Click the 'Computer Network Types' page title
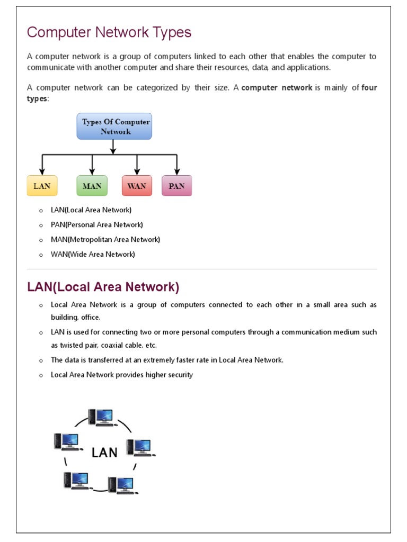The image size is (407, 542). click(109, 33)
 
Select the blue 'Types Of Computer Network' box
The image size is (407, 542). click(114, 126)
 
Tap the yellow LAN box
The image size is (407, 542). click(42, 186)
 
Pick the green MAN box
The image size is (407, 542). click(92, 186)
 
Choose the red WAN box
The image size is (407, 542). click(137, 186)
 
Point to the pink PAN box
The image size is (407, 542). click(176, 186)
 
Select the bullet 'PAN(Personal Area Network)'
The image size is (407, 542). click(96, 224)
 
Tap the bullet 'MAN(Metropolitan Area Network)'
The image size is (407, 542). click(105, 239)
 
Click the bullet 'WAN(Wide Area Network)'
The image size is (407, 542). click(93, 254)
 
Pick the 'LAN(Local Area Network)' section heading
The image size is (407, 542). click(103, 287)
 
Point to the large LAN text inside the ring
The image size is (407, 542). click(104, 453)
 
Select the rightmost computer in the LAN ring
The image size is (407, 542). click(140, 448)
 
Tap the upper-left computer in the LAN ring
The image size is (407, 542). click(67, 442)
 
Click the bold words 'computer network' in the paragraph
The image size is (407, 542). click(277, 88)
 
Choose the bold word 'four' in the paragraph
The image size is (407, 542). click(369, 88)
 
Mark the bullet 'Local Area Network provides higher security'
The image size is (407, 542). click(121, 375)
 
